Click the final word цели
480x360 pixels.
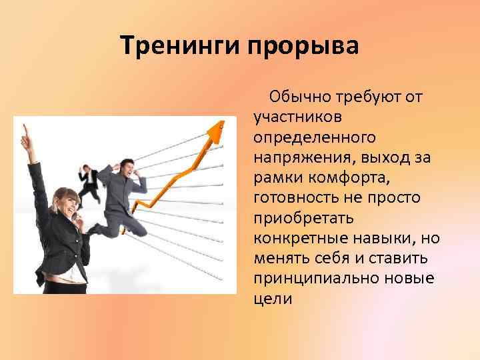point(272,299)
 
